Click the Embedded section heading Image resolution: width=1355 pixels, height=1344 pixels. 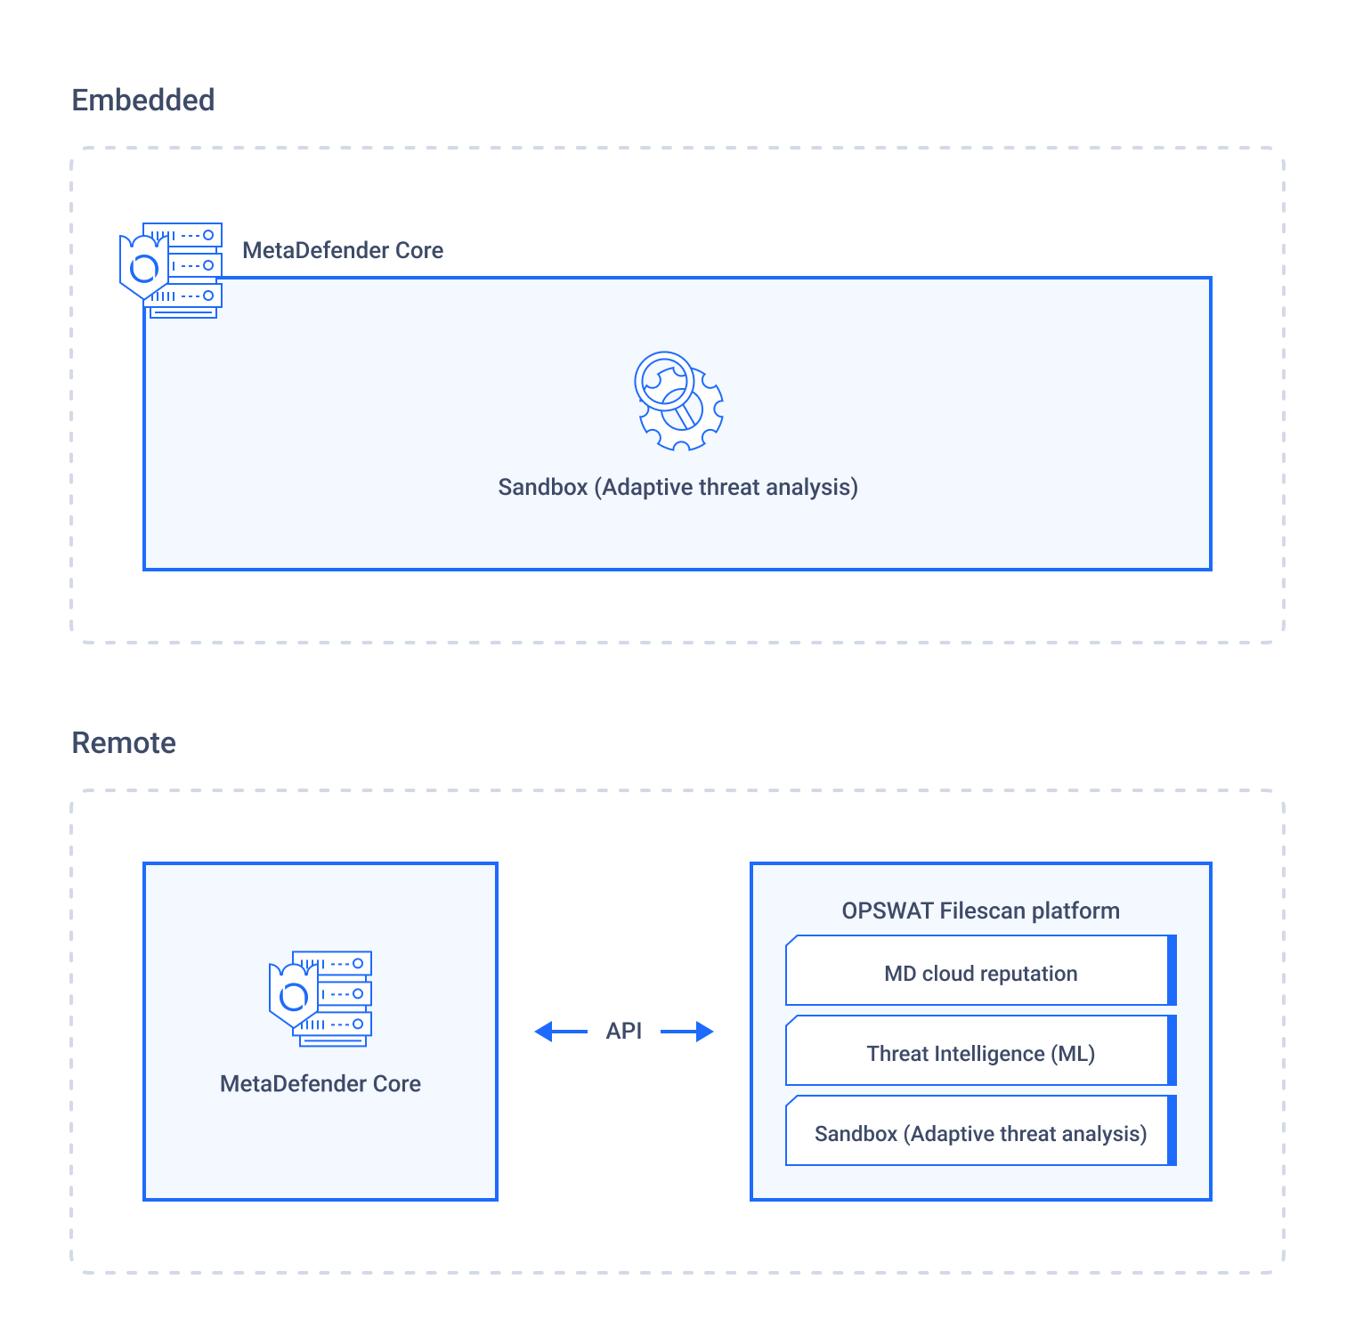(143, 100)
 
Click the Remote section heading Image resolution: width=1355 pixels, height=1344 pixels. (124, 742)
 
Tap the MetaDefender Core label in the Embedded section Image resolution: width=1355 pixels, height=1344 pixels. (343, 250)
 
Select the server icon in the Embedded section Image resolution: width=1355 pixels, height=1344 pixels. (171, 271)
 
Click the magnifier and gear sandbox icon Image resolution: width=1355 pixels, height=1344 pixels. (678, 401)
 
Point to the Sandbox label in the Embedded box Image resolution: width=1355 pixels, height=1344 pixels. (678, 487)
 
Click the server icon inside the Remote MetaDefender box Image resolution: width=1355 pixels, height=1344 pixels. (320, 999)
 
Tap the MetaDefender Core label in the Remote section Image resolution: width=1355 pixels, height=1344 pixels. (320, 1083)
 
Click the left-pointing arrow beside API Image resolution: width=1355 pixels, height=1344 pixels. (561, 1032)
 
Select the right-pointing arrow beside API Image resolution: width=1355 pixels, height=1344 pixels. (687, 1032)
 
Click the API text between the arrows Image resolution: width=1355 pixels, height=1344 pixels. (624, 1031)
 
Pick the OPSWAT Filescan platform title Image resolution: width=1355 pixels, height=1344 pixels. (981, 911)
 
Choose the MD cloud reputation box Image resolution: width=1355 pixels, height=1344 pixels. (981, 970)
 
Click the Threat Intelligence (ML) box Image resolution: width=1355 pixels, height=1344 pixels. (981, 1050)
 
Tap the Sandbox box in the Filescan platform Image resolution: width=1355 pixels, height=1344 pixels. (981, 1130)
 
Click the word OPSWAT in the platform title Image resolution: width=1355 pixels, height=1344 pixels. (888, 911)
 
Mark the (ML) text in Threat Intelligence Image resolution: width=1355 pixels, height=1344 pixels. (1073, 1054)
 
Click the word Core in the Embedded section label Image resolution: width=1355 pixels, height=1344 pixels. (419, 250)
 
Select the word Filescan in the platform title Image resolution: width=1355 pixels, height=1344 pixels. (982, 911)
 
